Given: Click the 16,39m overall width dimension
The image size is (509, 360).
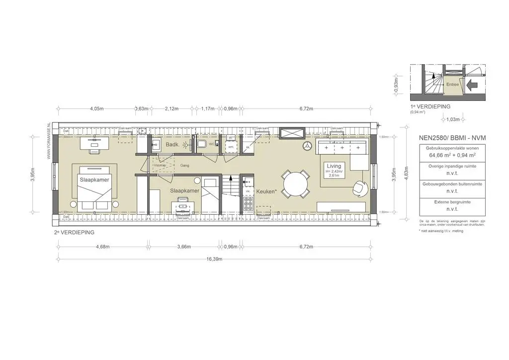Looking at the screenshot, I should coord(214,259).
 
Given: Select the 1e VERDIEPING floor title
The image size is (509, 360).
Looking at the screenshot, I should coord(430,106).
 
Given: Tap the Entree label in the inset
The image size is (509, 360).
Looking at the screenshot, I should coord(452,85).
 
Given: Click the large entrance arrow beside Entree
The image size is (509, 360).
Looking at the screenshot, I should coord(473,85).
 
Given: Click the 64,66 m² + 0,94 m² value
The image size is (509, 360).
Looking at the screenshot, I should coord(445,155).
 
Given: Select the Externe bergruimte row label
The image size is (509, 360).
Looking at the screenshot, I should coord(445,202).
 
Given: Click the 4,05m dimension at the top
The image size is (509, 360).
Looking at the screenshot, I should coord(96,108).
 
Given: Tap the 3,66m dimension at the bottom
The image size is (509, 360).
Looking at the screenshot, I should coord(184,247).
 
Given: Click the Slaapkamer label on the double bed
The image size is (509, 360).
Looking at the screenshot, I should coord(94,178).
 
